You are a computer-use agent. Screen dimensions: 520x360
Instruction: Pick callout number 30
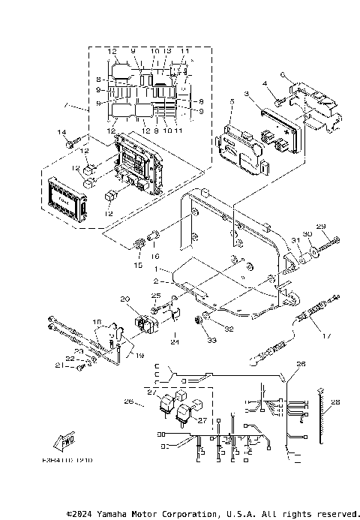(306, 234)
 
